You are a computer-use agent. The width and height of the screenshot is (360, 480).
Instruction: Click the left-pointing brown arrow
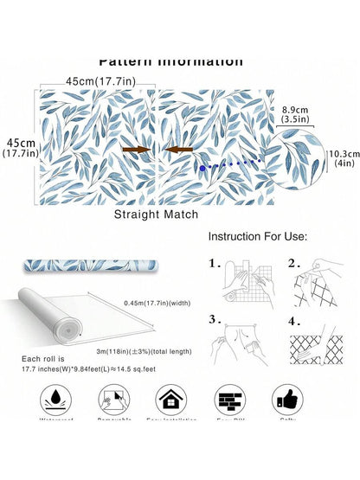178,150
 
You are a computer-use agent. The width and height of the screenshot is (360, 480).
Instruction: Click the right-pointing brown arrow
137,150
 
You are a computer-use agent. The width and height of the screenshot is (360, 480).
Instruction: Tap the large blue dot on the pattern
202,167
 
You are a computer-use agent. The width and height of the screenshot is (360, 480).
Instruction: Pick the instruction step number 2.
294,263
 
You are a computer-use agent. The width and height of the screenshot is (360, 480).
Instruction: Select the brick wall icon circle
229,400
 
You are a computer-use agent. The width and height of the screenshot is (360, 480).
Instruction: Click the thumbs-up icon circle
287,400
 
